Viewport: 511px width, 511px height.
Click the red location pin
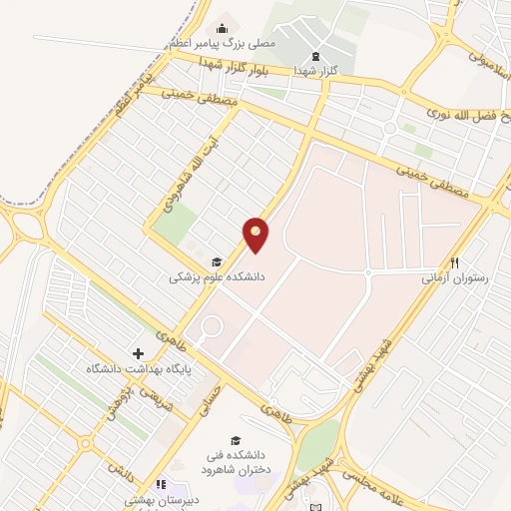point(256,234)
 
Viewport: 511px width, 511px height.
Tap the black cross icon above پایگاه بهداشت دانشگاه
point(138,353)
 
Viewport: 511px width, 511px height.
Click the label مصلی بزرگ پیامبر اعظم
point(211,45)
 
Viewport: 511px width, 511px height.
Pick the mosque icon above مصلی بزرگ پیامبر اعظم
point(222,29)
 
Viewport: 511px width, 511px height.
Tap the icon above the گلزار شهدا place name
point(316,56)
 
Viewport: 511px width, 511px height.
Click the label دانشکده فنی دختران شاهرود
point(232,462)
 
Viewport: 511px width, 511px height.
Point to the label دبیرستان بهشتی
point(159,500)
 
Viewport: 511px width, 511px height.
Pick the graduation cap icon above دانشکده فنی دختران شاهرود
point(236,440)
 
